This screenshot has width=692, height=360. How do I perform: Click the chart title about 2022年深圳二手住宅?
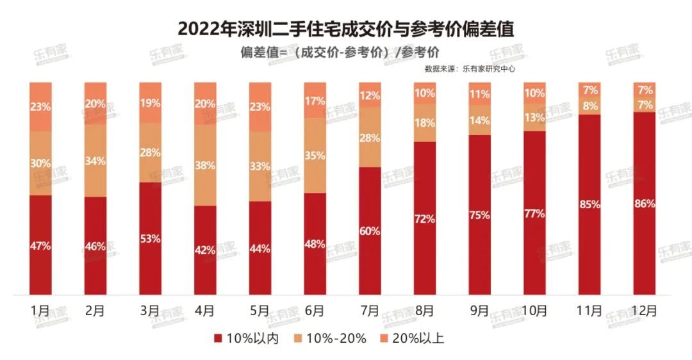346,29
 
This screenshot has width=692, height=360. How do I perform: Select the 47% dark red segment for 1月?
40,245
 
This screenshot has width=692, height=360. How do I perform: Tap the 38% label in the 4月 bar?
205,166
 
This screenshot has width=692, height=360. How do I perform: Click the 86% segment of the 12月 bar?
644,204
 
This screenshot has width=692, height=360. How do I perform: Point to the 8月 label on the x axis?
424,311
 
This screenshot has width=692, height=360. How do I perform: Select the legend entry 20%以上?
417,338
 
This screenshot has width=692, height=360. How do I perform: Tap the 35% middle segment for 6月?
315,156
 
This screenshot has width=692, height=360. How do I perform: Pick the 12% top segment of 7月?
370,95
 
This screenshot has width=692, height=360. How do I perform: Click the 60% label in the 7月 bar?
370,231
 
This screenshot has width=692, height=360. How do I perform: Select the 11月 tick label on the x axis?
589,311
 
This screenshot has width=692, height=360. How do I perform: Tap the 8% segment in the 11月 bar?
589,106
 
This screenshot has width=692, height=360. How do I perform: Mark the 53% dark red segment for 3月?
150,238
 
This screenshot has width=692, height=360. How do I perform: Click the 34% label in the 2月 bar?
95,161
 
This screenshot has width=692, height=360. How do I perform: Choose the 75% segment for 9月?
479,215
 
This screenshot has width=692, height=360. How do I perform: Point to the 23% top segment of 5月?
259,107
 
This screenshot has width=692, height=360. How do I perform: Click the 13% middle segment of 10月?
534,117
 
